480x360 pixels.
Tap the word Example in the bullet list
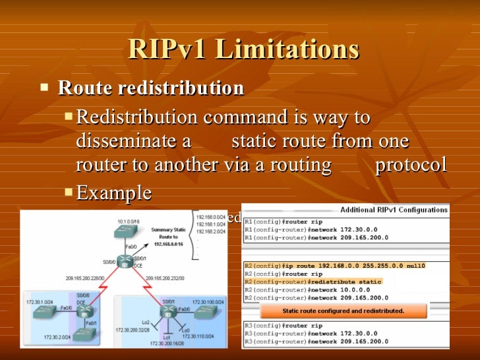coord(114,193)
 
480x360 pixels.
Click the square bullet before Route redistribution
coord(44,86)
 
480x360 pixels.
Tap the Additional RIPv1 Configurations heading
coord(394,210)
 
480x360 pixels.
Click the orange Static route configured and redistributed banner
coord(343,310)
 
